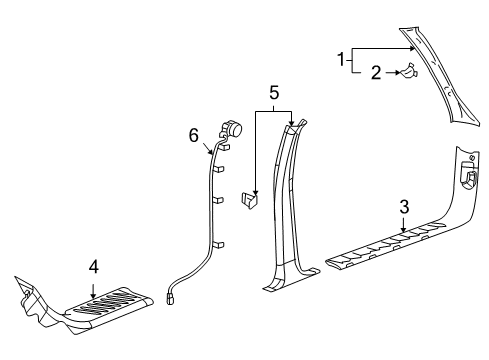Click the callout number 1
tap(344, 61)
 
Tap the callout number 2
tap(376, 72)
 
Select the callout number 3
tap(403, 207)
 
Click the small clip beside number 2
tap(408, 71)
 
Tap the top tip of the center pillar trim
tap(291, 125)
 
